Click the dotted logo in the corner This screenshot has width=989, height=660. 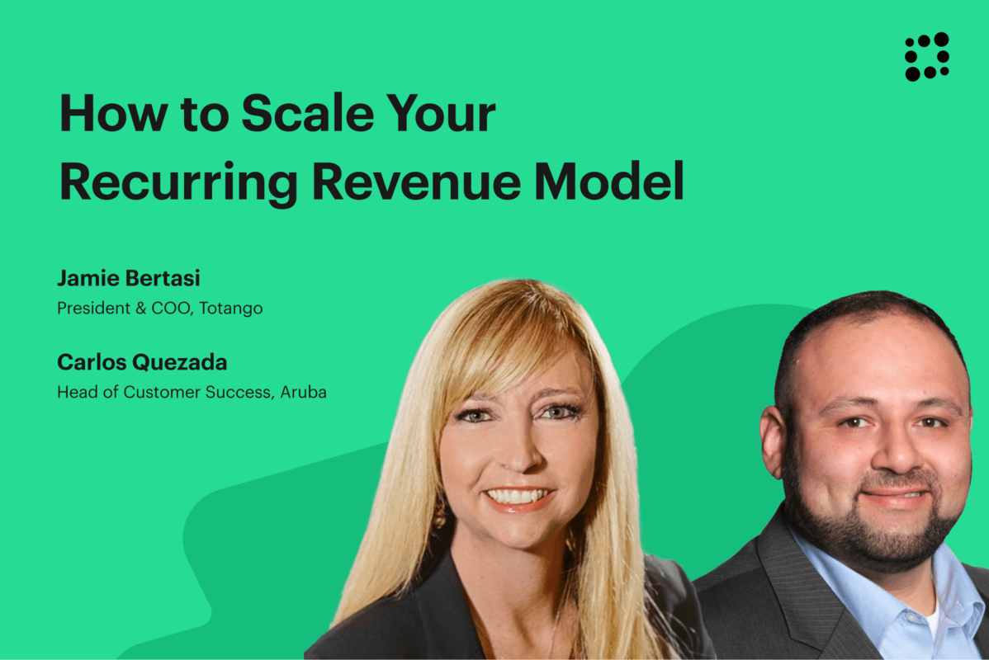926,56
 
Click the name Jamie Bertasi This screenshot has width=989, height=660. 129,278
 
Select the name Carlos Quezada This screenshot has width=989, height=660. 142,362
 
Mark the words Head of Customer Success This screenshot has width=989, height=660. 163,393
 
